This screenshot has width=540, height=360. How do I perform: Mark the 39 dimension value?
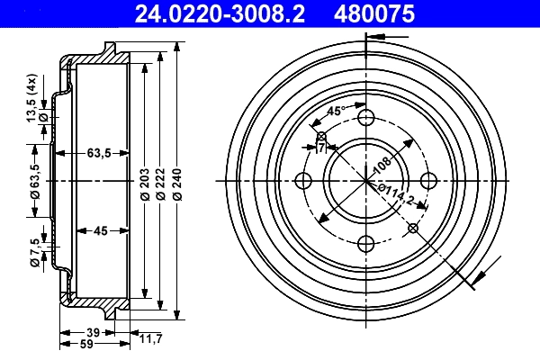[94, 332]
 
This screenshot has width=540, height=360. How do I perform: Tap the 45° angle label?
[335, 112]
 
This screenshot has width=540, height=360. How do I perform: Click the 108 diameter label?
[382, 164]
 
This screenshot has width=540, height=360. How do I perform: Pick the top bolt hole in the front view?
[366, 118]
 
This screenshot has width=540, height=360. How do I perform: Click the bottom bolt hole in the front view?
[366, 242]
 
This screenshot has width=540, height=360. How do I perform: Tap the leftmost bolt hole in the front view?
[304, 180]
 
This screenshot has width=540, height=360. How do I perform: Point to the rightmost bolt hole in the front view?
[428, 180]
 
